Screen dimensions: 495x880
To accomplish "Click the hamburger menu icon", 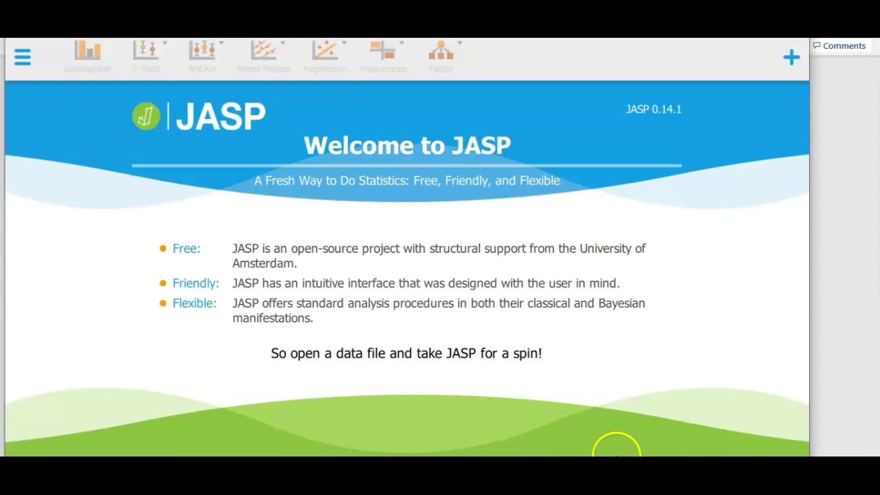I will coord(23,57).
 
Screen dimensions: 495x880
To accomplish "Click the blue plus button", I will coord(791,57).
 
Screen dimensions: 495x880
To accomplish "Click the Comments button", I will coord(839,46).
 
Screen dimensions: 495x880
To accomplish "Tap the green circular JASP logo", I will coord(146,116).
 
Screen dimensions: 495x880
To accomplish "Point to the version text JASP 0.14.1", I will coord(653,109).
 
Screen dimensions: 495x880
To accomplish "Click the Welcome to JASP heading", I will coord(407,146).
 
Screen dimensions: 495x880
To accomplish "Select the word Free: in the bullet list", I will coord(186,249).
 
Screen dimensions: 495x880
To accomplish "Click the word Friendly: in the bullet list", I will coord(195,283).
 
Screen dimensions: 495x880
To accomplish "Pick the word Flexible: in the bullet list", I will coord(194,303).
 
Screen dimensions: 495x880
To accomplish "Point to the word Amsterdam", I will coord(263,263).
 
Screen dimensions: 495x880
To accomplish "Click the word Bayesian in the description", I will coord(621,303).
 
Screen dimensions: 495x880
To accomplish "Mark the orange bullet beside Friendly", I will coord(163,283).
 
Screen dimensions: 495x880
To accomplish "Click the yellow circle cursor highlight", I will coord(616,447).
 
